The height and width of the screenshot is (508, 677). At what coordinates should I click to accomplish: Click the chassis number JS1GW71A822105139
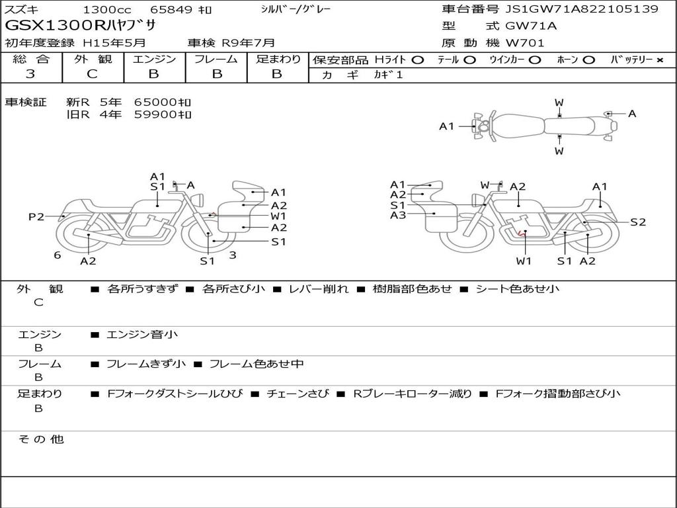point(582,9)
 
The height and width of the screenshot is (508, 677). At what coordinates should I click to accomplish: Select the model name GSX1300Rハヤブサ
point(80,26)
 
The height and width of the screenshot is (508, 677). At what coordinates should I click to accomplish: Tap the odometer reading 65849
point(170,9)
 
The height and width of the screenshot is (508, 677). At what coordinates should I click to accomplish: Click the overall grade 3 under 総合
point(30,74)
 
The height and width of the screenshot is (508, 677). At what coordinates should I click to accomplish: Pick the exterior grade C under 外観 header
point(92,74)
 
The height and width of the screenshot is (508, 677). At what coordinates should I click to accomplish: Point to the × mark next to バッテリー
point(660,60)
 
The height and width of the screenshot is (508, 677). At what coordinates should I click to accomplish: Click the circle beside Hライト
point(418,60)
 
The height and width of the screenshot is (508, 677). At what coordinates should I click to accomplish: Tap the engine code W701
point(524,43)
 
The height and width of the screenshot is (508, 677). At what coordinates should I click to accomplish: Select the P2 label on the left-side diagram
point(36,216)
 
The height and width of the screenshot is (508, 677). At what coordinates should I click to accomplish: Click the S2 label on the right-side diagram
point(638,222)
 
